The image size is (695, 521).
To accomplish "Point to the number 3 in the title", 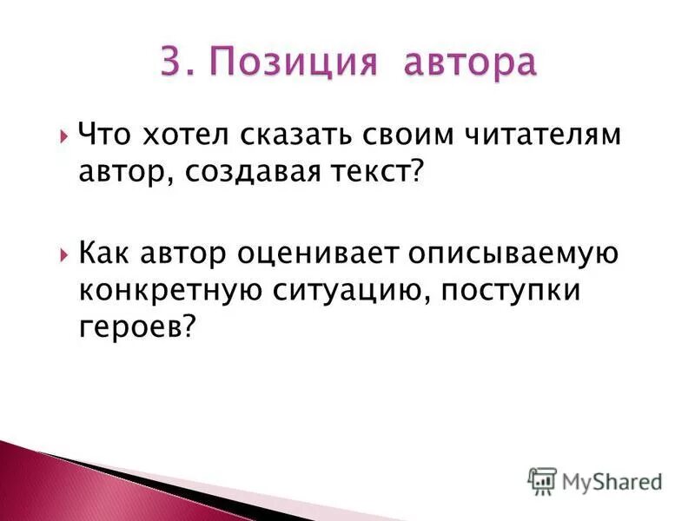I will (x=171, y=63).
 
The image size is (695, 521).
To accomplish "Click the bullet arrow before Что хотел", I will (x=66, y=137).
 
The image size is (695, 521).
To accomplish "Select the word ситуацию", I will (x=340, y=292).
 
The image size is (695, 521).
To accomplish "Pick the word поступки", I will (x=509, y=292).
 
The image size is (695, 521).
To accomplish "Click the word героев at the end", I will (x=131, y=328).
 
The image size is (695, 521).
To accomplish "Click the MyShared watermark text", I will (x=612, y=481).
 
